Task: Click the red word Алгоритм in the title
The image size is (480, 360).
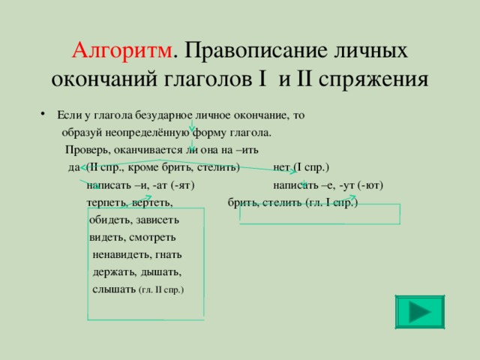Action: tap(121, 50)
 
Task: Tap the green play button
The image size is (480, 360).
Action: tap(420, 312)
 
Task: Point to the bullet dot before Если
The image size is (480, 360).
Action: tap(42, 115)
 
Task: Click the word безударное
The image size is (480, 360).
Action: tap(163, 115)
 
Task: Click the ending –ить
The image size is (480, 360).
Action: tap(247, 150)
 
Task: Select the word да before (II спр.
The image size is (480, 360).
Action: tap(74, 167)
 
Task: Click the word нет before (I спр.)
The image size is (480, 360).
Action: tap(281, 167)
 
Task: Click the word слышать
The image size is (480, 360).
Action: tap(114, 289)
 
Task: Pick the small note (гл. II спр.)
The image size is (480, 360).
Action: tap(162, 290)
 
